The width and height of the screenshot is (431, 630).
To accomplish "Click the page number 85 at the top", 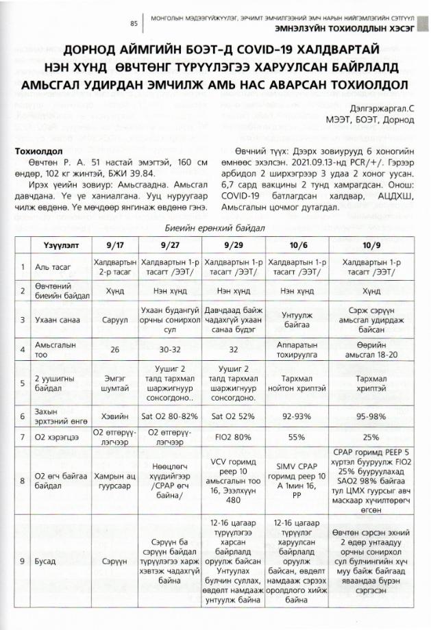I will [x=134, y=23].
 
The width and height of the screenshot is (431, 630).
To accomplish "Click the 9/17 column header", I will [x=114, y=244].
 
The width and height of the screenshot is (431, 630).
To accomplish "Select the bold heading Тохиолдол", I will [x=39, y=151].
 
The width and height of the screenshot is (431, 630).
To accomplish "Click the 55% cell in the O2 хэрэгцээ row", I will [x=297, y=436].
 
